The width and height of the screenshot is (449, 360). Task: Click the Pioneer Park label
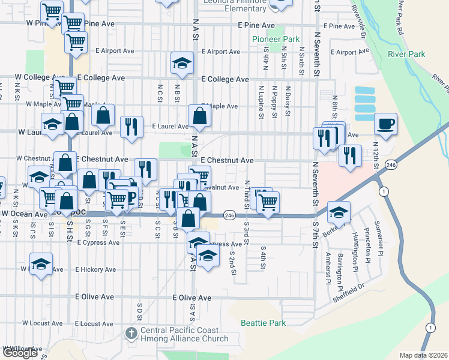(276, 39)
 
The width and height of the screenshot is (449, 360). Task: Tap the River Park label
(406, 54)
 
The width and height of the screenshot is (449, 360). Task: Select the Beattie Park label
(263, 323)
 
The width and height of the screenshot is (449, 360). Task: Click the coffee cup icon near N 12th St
(386, 125)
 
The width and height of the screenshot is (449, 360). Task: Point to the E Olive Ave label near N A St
(192, 298)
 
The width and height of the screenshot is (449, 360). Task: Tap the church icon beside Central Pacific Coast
(131, 332)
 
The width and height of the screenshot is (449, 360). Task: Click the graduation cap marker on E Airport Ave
(182, 64)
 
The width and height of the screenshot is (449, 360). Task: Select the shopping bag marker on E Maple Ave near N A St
(199, 116)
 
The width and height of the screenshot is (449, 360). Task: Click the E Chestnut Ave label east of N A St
(227, 161)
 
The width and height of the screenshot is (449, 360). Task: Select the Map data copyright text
(424, 355)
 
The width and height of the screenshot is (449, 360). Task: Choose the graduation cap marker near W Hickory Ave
(41, 264)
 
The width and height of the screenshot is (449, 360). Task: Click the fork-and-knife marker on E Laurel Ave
(131, 127)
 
